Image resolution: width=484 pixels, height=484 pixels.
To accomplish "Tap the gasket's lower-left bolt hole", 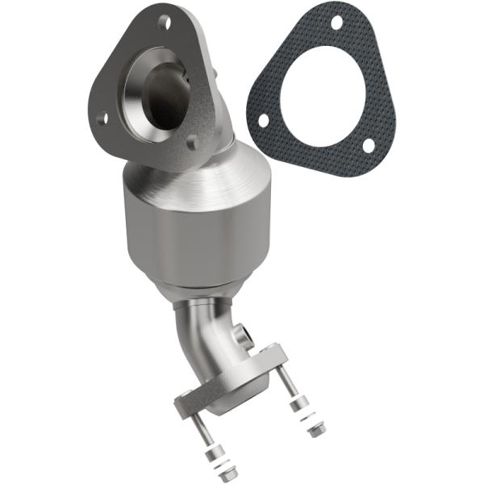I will click(263, 119).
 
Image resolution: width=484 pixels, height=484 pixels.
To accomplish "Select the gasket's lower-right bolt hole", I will click(368, 145).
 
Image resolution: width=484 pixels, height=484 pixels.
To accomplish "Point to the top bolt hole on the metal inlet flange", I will click(164, 23).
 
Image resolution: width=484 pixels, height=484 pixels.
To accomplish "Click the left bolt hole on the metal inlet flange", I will click(102, 119).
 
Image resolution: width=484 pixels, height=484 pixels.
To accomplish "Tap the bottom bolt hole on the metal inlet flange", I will click(191, 145).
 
